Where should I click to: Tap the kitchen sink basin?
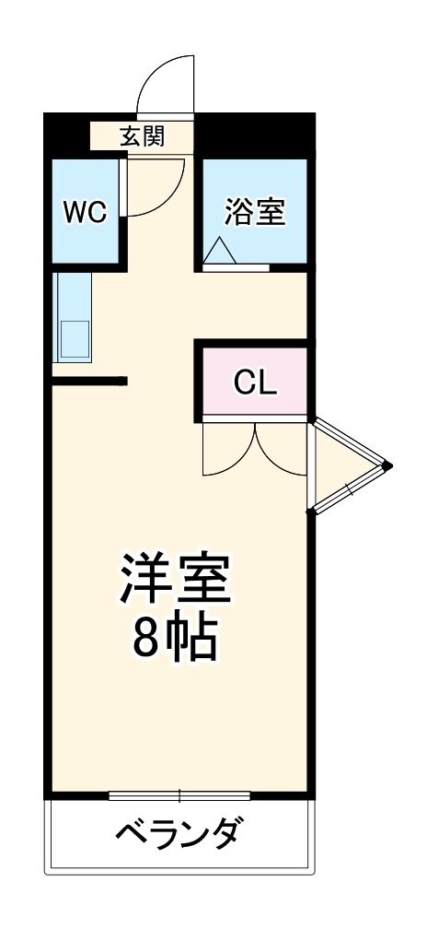[x=74, y=338]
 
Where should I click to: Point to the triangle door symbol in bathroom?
[x=221, y=252]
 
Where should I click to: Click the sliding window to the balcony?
[x=179, y=794]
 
